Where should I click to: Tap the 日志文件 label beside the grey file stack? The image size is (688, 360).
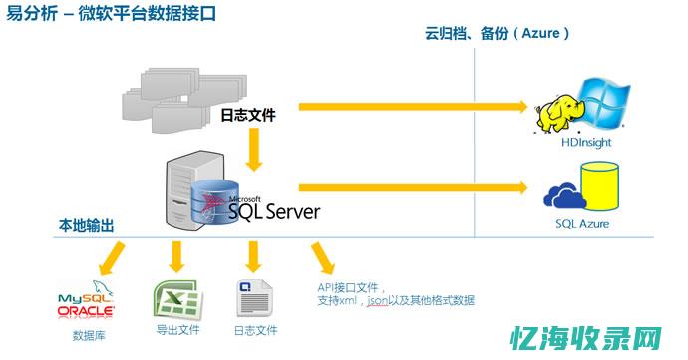click(x=247, y=115)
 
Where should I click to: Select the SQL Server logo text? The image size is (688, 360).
click(x=273, y=211)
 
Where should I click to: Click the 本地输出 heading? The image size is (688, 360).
click(x=85, y=227)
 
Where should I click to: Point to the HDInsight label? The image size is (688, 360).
click(x=585, y=143)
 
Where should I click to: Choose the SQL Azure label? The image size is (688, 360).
click(x=581, y=223)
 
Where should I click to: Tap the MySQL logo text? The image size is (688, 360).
click(x=85, y=298)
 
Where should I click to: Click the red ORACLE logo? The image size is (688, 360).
click(x=86, y=311)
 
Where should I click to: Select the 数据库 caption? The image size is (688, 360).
click(x=89, y=335)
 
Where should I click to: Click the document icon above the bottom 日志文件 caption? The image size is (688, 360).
click(x=254, y=298)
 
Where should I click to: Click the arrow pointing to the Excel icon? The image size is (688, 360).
click(x=176, y=257)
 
